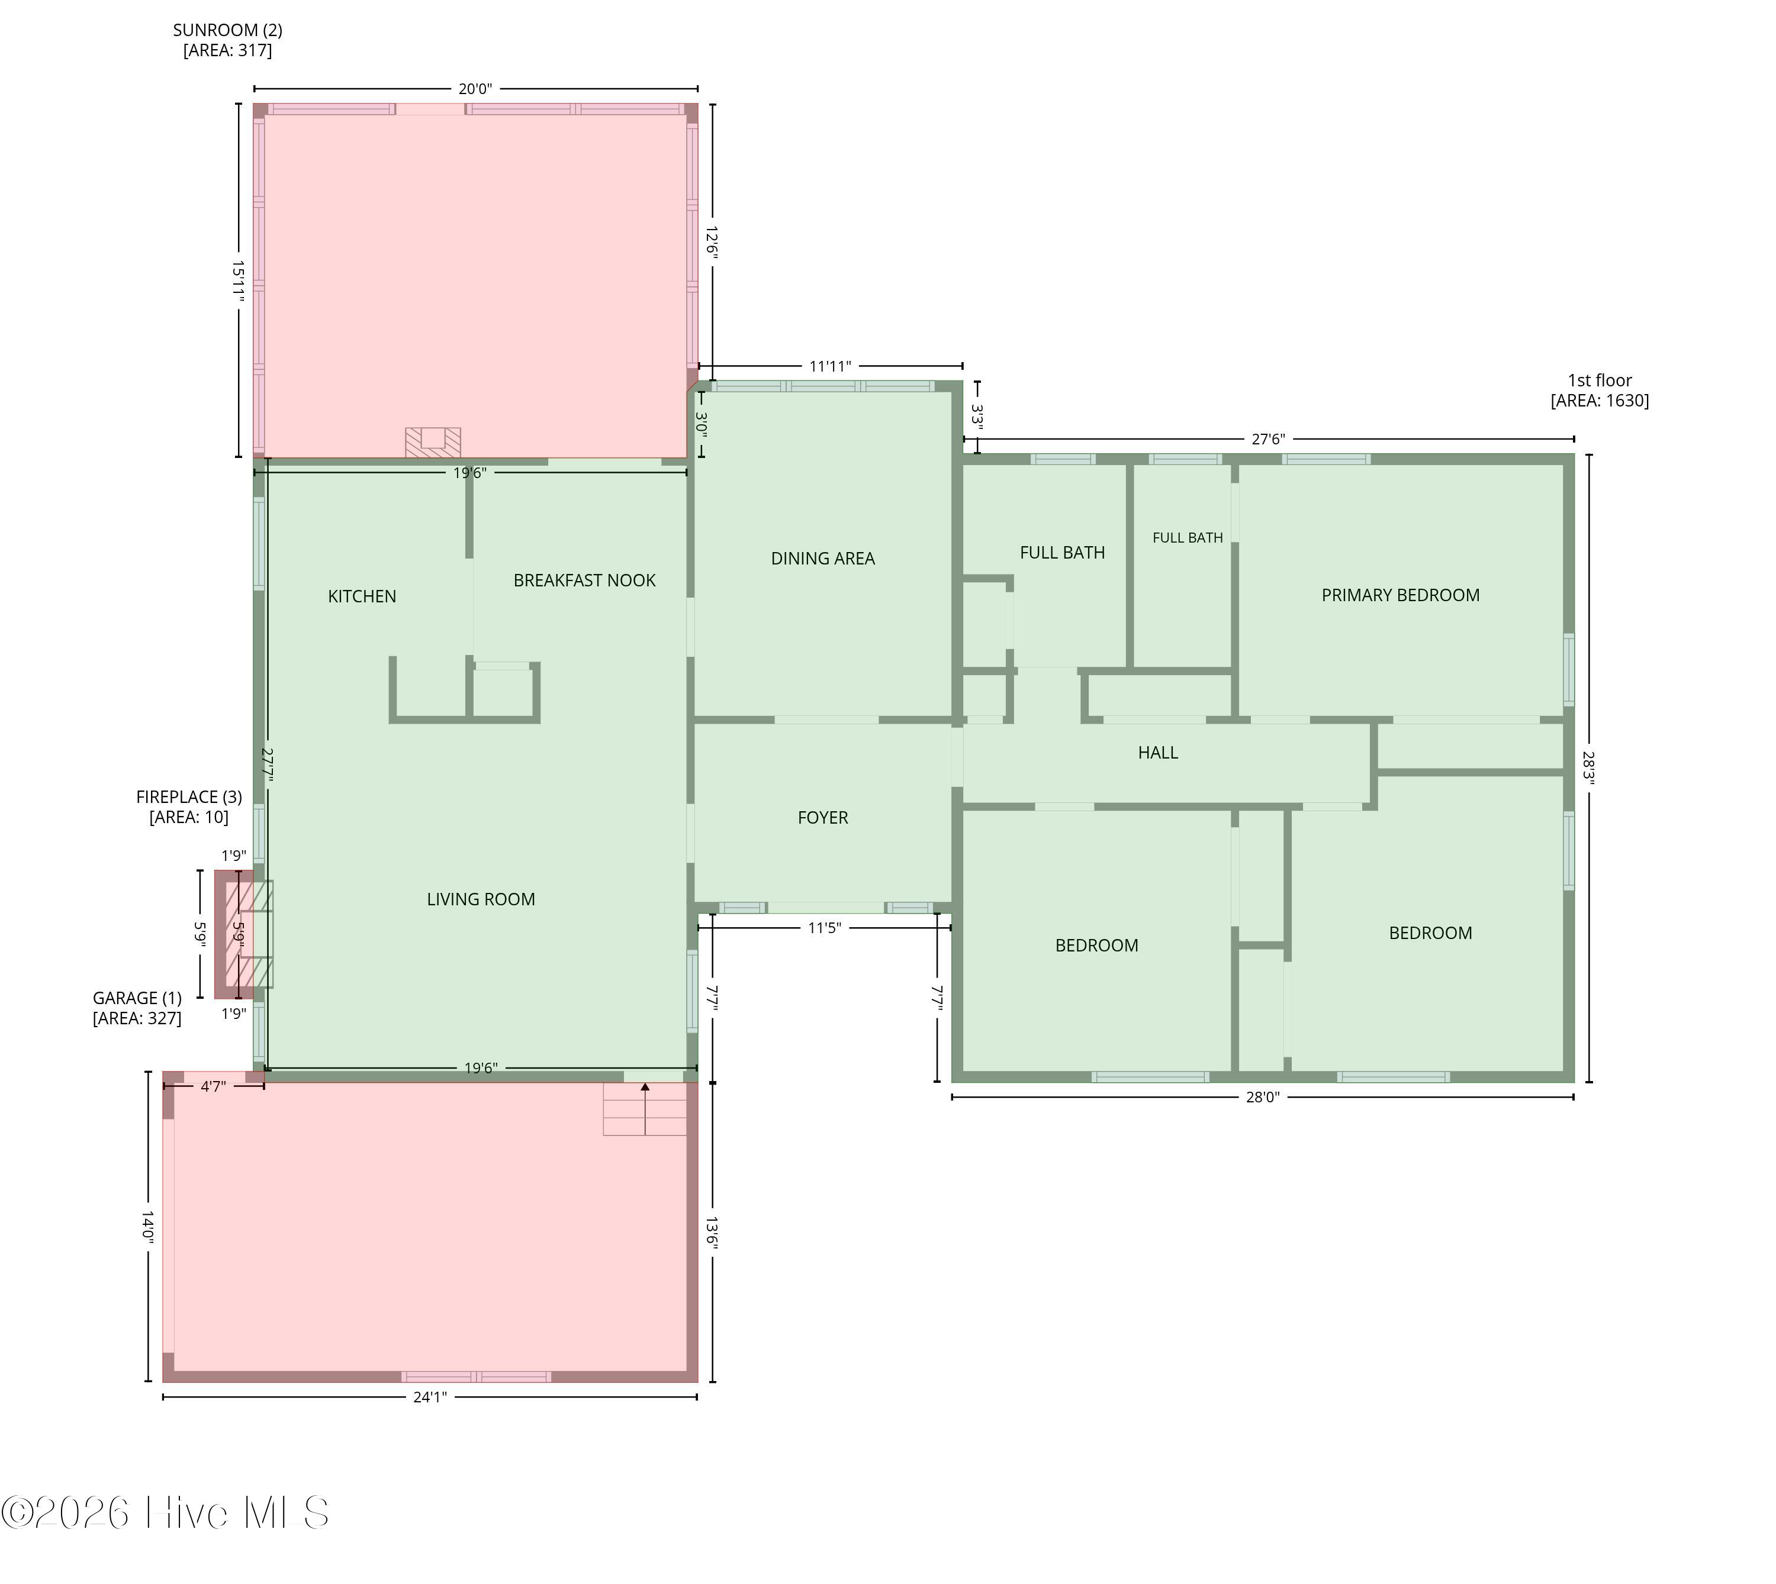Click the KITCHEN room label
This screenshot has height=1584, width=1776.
click(362, 596)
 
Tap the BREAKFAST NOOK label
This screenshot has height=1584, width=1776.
click(584, 580)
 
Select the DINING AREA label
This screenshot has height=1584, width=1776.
click(823, 559)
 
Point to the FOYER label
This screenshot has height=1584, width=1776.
click(823, 817)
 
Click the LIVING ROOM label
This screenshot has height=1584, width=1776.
click(481, 899)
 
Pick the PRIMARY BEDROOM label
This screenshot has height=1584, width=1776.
click(1400, 595)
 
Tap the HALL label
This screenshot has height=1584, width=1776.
click(1158, 753)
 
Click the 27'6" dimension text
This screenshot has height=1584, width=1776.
click(1267, 440)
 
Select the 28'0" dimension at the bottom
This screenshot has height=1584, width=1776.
click(1262, 1098)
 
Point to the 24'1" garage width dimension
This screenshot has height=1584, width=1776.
click(429, 1397)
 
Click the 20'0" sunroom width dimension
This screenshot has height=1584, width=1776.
click(475, 89)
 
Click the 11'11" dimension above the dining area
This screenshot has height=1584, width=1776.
click(829, 366)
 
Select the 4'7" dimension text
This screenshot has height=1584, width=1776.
click(213, 1086)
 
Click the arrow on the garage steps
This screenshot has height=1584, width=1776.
click(645, 1108)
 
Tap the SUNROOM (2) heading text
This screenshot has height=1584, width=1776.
click(227, 30)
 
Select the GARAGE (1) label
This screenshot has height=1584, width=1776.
click(137, 998)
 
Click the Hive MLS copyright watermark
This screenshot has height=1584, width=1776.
click(165, 1512)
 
